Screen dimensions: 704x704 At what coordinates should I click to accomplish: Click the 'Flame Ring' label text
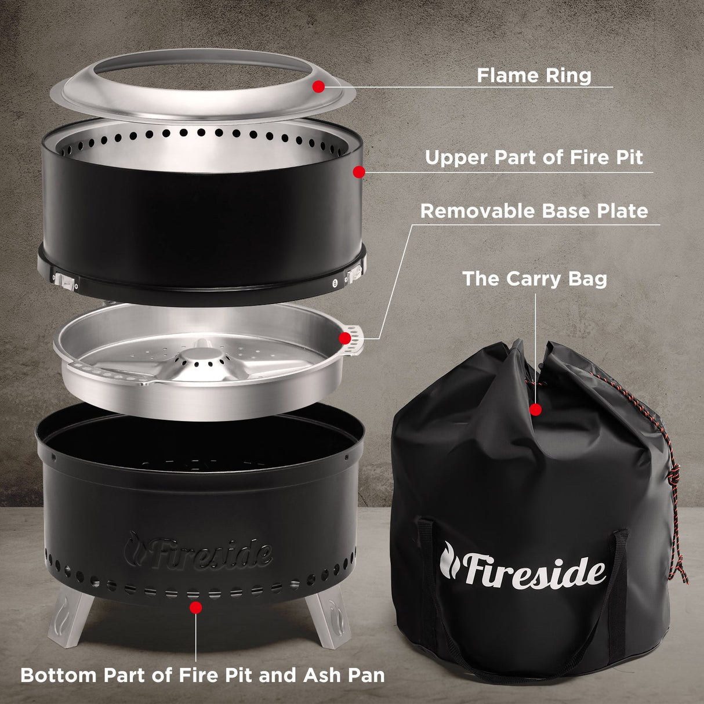coord(534,75)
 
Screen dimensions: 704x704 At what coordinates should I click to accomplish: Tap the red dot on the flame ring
coord(318,86)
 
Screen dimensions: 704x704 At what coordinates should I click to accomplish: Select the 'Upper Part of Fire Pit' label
coord(534,158)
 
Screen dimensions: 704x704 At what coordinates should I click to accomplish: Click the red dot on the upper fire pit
coord(359,172)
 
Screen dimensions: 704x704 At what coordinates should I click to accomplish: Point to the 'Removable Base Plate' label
coord(534,211)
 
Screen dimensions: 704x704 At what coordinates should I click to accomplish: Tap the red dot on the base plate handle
coord(345,338)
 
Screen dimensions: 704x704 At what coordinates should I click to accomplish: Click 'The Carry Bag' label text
coord(534,278)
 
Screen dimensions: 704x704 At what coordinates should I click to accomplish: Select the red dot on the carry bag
coord(535,410)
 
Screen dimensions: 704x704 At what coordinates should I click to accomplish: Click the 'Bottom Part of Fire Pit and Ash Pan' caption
coord(202,675)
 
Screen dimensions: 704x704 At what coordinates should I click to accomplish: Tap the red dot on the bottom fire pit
coord(196,607)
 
